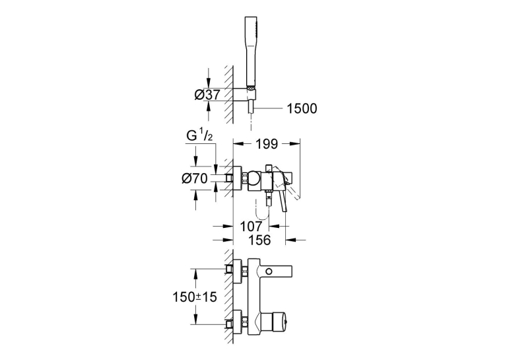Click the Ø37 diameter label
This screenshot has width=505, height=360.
pos(207,94)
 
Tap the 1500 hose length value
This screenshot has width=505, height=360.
pos(302,108)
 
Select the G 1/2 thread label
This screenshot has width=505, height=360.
pos(199,136)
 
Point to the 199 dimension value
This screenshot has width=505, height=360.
pos(267,144)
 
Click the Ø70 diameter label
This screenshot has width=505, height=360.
pos(195,178)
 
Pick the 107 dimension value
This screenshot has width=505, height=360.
pos(252,227)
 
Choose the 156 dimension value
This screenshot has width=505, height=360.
pos(259,240)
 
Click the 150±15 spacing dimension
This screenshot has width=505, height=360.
pos(195,297)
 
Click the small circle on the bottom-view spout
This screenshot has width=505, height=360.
pos(269,271)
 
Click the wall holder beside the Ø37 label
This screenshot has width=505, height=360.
pos(244,94)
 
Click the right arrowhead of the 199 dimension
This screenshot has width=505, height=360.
pos(295,144)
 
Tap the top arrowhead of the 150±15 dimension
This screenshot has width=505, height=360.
pos(195,273)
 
